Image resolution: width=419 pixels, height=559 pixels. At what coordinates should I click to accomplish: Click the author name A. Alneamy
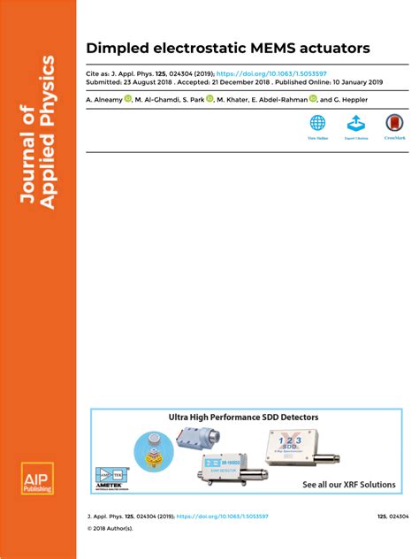tap(103, 100)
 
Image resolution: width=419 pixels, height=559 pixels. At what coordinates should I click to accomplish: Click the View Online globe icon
tap(317, 123)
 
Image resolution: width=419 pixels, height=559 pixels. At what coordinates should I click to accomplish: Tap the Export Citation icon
tap(355, 123)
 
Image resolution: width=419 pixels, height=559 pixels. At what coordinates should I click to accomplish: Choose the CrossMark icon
tap(394, 123)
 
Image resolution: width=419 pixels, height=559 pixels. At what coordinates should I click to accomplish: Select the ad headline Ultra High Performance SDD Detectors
tap(244, 417)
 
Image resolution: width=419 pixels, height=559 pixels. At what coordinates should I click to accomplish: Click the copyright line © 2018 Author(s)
tap(110, 528)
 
